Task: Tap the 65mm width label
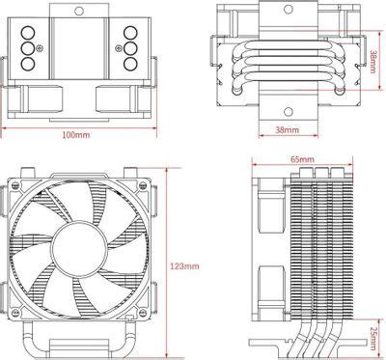click(x=301, y=158)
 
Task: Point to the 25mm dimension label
click(x=373, y=333)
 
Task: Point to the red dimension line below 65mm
click(x=301, y=165)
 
